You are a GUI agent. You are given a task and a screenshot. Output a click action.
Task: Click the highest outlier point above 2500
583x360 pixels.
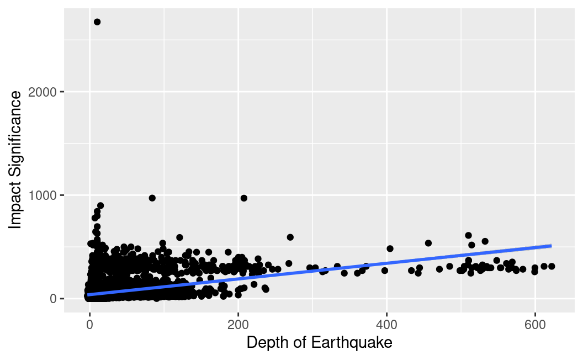97,22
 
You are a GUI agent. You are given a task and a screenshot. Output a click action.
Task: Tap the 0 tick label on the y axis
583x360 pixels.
54,299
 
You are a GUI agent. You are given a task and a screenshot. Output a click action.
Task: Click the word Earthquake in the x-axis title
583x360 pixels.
352,342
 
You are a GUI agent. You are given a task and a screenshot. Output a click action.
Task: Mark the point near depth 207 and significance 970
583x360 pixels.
243,198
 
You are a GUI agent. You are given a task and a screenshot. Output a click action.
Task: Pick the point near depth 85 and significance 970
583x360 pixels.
152,198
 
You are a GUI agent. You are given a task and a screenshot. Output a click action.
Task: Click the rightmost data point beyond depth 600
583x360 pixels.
551,266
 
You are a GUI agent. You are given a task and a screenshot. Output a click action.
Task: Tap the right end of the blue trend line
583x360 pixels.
551,245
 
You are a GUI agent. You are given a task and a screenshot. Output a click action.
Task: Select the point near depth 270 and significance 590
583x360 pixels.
290,237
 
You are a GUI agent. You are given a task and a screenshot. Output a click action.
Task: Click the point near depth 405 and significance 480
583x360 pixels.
390,248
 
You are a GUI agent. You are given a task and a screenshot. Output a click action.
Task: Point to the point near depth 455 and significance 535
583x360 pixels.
428,243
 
